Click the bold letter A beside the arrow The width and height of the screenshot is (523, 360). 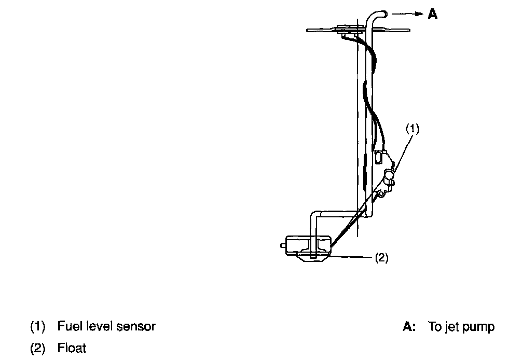432,15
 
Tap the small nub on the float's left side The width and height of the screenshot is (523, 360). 283,244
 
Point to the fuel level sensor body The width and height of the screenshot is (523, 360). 386,176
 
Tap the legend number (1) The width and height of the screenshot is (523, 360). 38,327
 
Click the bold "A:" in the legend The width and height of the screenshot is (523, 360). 409,327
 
